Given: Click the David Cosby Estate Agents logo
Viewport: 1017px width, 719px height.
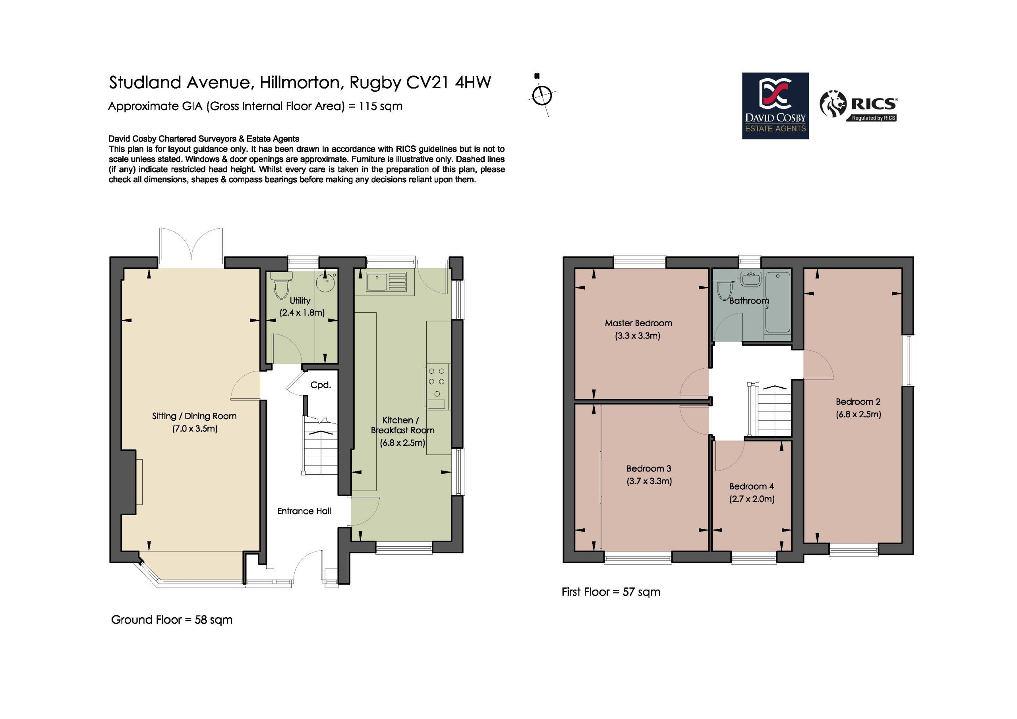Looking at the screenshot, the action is (775, 106).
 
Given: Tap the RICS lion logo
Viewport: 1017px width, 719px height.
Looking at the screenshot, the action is (833, 104).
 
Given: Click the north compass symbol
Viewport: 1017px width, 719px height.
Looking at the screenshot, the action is (542, 95).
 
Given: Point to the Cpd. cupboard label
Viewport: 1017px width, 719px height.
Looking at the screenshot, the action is (320, 385).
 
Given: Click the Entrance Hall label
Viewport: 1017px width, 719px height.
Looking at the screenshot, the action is (304, 511).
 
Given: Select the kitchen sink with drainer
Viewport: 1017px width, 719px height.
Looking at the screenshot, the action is (386, 282).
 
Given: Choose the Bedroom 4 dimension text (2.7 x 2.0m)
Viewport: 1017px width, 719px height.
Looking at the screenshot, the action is (752, 499).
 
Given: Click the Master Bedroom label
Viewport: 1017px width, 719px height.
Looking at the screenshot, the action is (638, 323).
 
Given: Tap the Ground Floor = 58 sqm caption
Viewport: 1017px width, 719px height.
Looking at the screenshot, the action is (171, 619).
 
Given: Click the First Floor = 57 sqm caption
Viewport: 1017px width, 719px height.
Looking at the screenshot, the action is (611, 592).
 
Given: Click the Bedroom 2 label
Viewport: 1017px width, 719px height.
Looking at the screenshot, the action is (858, 402).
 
